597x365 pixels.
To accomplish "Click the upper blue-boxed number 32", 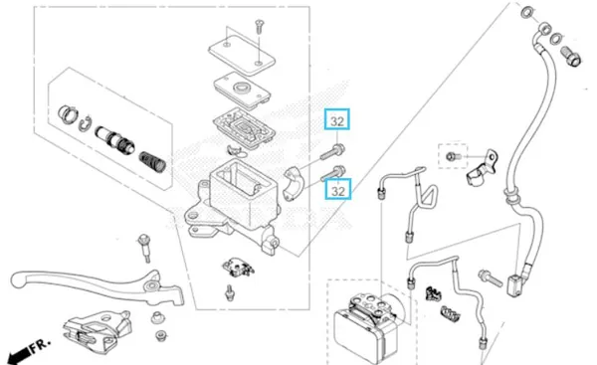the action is coord(337,121).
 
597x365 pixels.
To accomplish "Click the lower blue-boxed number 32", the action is coord(338,191).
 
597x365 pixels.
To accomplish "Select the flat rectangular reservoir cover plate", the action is coord(242,55).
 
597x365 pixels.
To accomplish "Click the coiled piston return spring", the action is coord(152,162).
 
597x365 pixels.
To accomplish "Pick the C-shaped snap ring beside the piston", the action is coord(86,123).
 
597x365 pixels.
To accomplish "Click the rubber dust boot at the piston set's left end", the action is coord(68,113).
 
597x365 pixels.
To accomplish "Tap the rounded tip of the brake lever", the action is coord(18,279).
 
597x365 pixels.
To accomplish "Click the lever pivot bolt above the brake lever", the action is coord(144,249).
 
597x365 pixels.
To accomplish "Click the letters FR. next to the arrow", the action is coord(41,345).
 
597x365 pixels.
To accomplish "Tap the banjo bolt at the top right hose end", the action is coord(571,57).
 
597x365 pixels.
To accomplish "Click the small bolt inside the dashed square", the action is coord(453,156).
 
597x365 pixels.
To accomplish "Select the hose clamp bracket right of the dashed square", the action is coord(482,168).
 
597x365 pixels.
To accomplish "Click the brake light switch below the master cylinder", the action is coord(238,268).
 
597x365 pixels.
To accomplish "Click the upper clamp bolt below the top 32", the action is coord(333,151).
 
